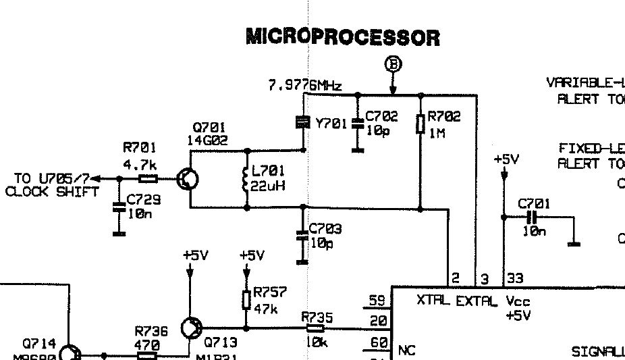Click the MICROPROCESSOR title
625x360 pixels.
pyautogui.click(x=342, y=36)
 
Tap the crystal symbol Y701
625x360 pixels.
pyautogui.click(x=303, y=122)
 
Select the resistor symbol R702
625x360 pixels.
pyautogui.click(x=420, y=124)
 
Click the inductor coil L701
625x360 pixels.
pyautogui.click(x=244, y=179)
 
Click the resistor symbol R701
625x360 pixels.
pyautogui.click(x=148, y=179)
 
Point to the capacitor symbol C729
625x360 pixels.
pyautogui.click(x=119, y=207)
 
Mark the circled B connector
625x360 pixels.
pyautogui.click(x=393, y=64)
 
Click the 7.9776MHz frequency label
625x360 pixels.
pyautogui.click(x=305, y=86)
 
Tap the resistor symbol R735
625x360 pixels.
pyautogui.click(x=314, y=328)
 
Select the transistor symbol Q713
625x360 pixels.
pyautogui.click(x=191, y=328)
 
